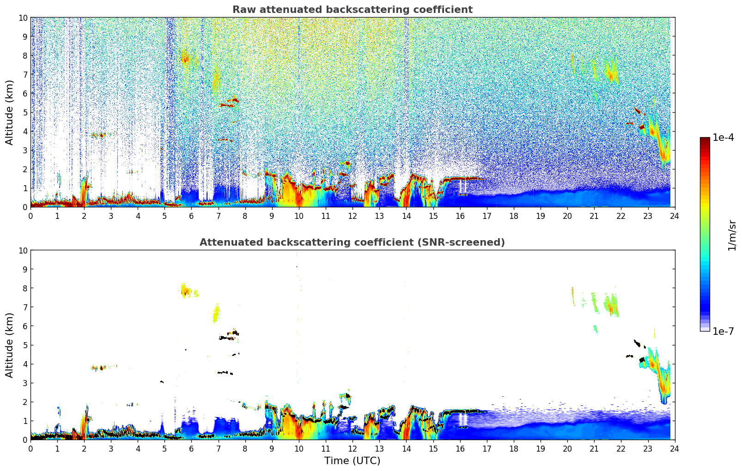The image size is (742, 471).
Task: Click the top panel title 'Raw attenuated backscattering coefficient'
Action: point(352,10)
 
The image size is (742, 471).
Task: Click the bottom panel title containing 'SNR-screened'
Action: point(352,242)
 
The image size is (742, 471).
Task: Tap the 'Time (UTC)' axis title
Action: point(352,461)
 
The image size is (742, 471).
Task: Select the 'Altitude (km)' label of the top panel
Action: point(10,112)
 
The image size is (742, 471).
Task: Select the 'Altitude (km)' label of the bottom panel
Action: point(10,345)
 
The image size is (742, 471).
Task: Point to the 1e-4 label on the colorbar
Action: point(723,138)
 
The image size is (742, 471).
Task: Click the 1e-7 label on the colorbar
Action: point(723,331)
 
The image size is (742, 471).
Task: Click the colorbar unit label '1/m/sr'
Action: point(732,235)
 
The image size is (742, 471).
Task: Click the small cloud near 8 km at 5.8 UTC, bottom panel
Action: point(186,290)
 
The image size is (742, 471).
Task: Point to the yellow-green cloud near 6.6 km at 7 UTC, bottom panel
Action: point(216,315)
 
